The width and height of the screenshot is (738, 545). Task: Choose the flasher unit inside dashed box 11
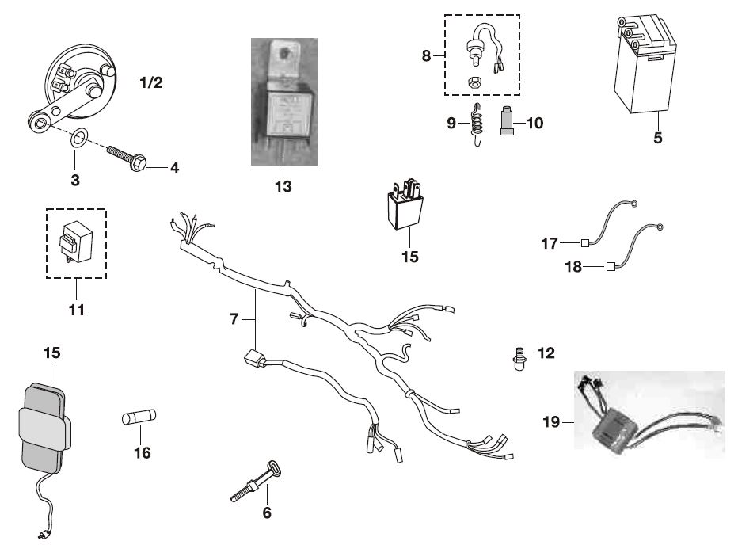[x=74, y=239]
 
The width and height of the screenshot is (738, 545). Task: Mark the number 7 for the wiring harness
[x=234, y=318]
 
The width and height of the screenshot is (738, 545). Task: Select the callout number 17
[x=550, y=242]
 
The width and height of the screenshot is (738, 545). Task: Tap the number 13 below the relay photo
[x=283, y=186]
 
